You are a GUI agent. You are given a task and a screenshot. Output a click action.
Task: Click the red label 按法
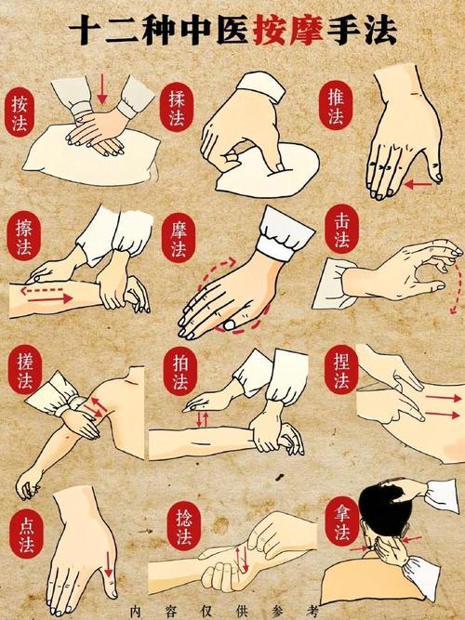(x=20, y=112)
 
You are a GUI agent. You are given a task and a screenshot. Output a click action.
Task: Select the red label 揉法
(x=177, y=108)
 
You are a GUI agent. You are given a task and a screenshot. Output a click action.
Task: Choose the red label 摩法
(x=179, y=239)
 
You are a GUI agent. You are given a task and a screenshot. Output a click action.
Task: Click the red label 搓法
(x=24, y=370)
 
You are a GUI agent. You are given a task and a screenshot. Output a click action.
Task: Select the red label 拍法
(x=180, y=371)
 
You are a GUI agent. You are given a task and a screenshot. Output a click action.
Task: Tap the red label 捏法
(x=340, y=370)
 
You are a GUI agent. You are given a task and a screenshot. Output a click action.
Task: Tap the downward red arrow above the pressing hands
(x=102, y=88)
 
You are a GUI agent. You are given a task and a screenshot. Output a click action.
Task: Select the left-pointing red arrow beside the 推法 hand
(x=418, y=184)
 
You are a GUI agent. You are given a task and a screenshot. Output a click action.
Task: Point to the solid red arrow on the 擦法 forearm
(x=50, y=298)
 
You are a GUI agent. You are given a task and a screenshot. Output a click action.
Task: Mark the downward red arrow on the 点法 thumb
(x=108, y=564)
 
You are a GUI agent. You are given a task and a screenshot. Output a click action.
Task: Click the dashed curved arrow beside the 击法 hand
(x=457, y=289)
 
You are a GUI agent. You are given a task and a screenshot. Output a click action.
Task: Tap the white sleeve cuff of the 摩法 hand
(x=286, y=233)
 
